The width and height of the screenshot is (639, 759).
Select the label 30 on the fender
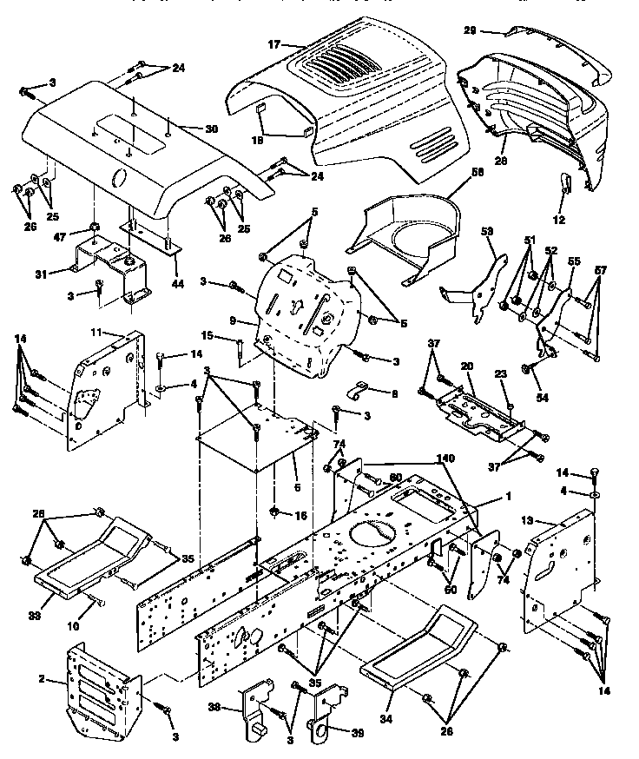211,129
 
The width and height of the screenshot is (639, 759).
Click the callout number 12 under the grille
558,220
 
